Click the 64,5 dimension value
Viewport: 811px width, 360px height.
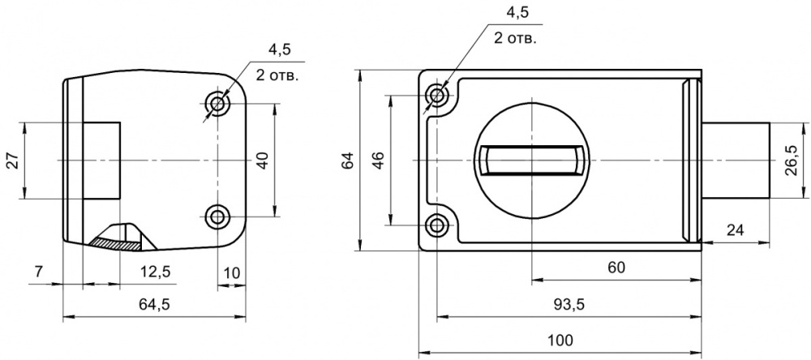coord(154,305)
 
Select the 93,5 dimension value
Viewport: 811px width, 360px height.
coord(569,305)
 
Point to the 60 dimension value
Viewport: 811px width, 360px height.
coord(616,268)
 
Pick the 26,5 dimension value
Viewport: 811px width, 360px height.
coord(790,161)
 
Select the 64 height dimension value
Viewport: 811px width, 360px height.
coord(348,161)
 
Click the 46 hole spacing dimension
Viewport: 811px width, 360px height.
coord(378,161)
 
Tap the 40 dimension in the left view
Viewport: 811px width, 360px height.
coord(264,161)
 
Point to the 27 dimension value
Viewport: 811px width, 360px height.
coord(14,161)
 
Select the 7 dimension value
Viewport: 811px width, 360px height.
coord(39,272)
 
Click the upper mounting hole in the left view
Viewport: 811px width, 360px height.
coord(217,104)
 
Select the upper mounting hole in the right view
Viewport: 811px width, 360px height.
coord(438,96)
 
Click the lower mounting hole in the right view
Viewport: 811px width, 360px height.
coord(438,225)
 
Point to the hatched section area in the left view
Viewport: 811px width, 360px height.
coord(115,243)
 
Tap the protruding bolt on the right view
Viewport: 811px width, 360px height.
coord(736,161)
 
